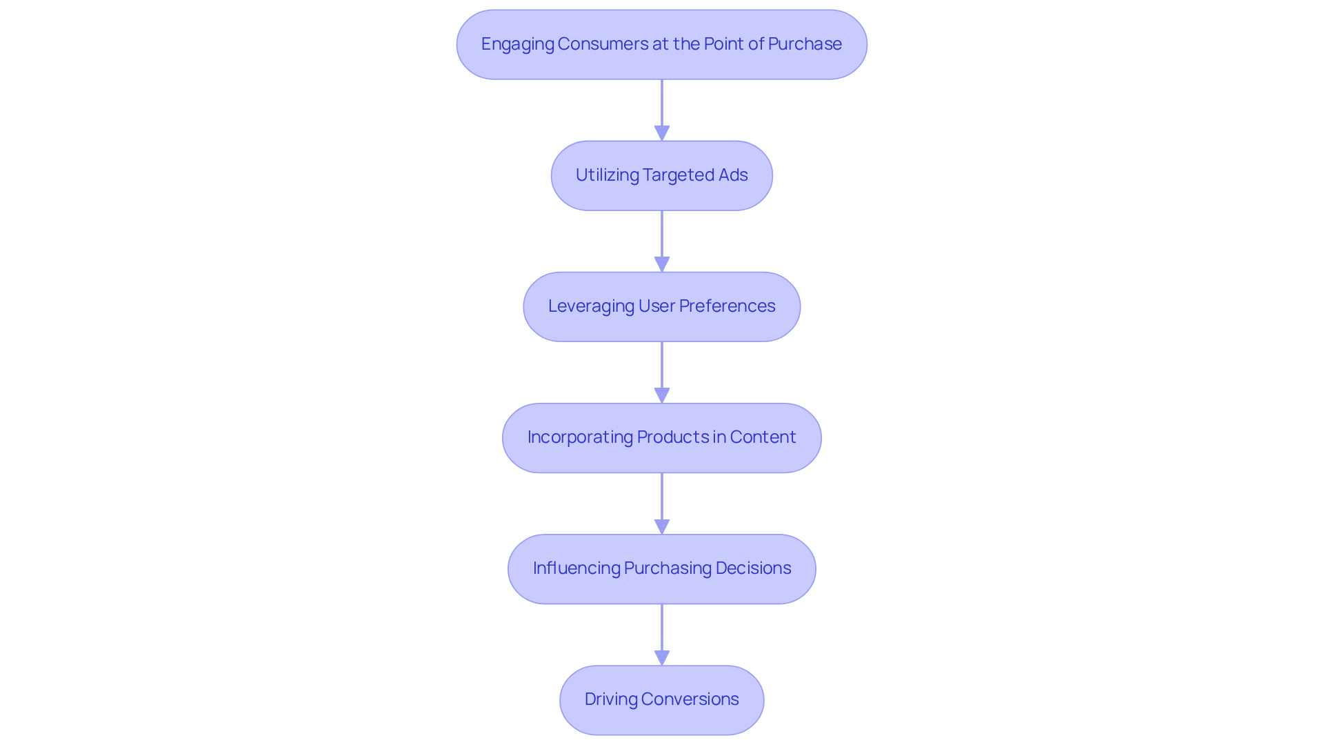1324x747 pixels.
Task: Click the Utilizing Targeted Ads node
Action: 661,176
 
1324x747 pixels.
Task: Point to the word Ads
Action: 732,175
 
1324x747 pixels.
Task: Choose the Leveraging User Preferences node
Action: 661,307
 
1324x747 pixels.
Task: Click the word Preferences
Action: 727,306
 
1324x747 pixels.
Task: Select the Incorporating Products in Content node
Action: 661,438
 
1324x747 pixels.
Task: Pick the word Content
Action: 763,437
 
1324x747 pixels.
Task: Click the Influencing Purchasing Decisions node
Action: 661,569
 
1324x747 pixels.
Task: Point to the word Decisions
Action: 753,568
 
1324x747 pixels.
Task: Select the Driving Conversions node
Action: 661,700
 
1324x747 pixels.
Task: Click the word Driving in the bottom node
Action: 611,699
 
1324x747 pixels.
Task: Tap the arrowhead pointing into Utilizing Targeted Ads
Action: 662,133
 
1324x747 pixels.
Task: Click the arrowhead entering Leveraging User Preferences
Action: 662,264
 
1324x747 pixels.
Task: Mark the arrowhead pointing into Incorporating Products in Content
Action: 662,395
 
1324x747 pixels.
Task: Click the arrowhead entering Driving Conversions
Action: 662,657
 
